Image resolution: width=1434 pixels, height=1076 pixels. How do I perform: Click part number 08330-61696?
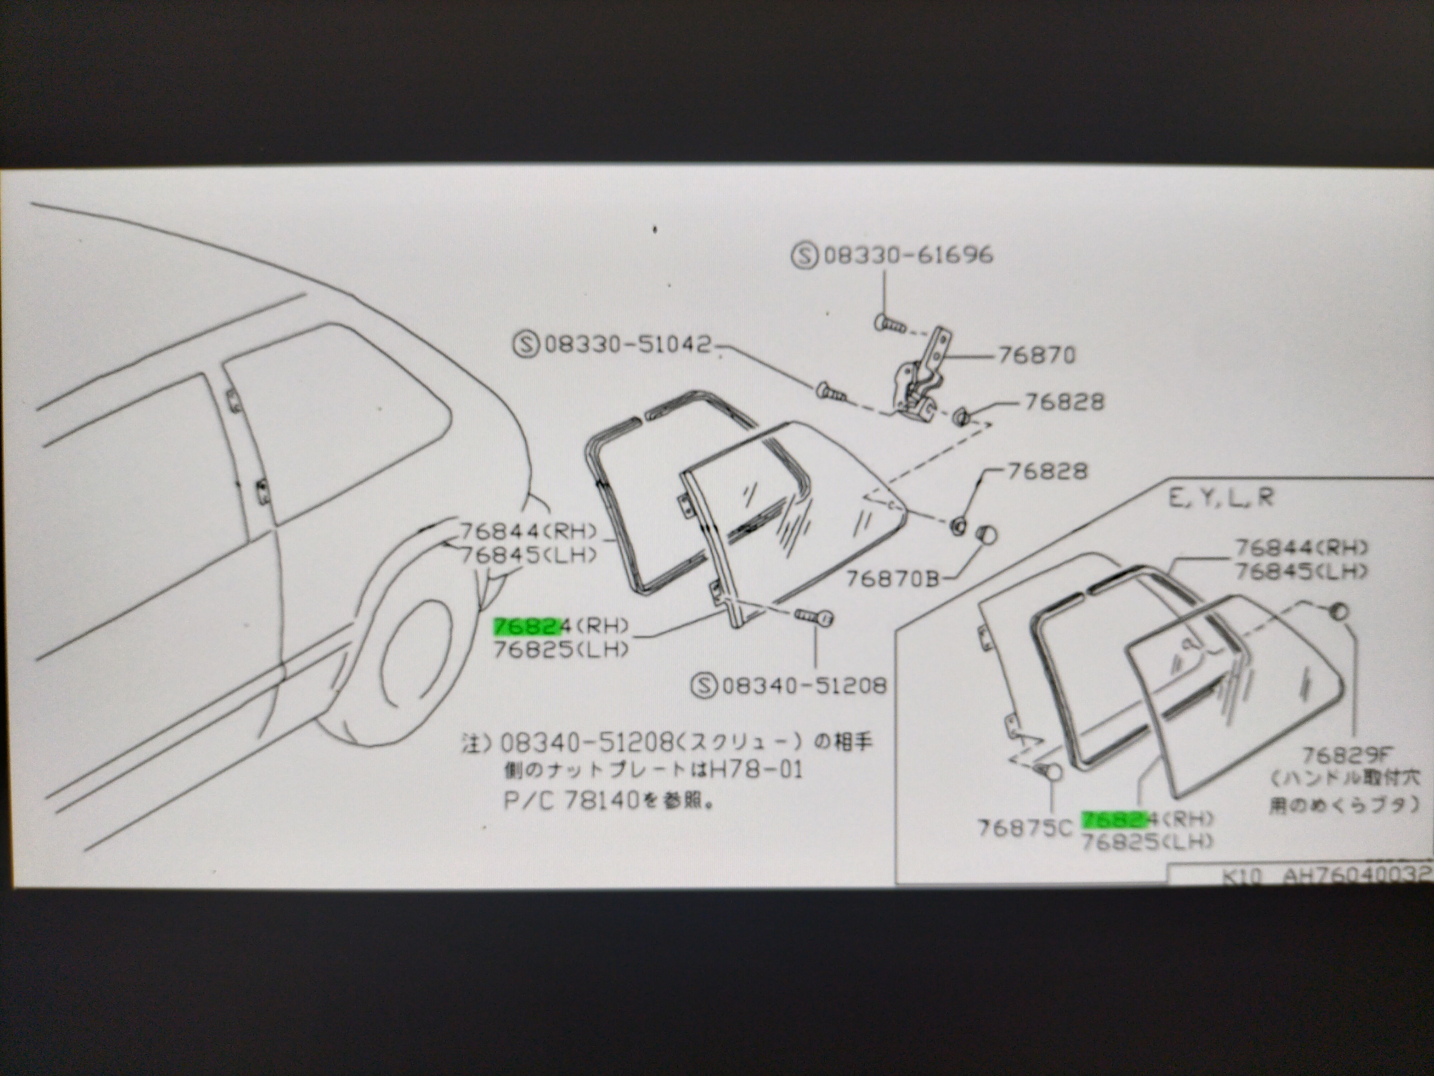point(908,255)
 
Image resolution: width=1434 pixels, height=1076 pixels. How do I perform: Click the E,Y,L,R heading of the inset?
point(1221,498)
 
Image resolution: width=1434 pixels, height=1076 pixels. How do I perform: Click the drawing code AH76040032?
point(1356,877)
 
